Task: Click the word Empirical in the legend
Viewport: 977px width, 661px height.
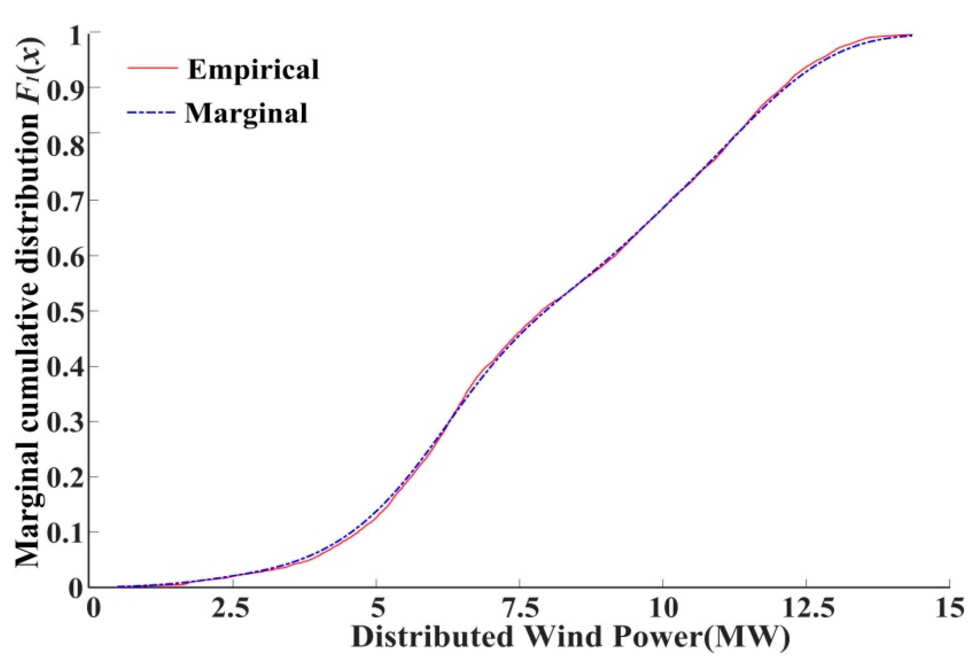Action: [x=253, y=69]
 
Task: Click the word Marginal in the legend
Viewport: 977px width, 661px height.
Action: [x=247, y=113]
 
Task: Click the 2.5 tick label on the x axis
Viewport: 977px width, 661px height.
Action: [x=230, y=608]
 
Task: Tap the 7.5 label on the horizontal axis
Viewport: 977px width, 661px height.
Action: [x=520, y=608]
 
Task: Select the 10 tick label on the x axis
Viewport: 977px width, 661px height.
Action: [x=663, y=608]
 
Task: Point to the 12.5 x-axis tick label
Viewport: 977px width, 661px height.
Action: [x=807, y=608]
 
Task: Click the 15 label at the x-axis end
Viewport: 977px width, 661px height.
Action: [x=949, y=608]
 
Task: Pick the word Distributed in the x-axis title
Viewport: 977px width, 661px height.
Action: [x=433, y=637]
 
